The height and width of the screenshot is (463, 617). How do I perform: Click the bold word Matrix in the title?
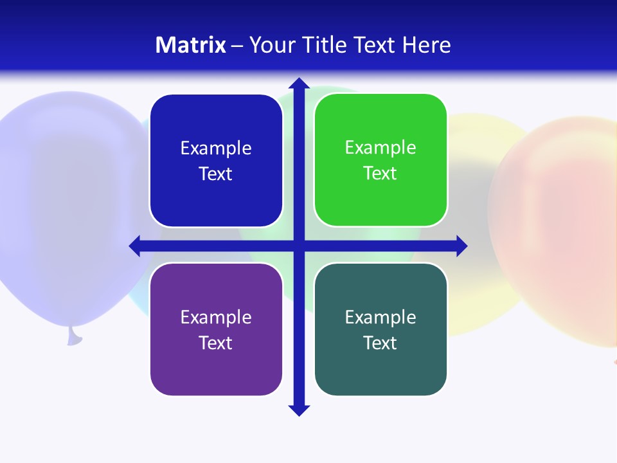click(190, 45)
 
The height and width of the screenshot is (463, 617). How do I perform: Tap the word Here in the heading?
click(426, 45)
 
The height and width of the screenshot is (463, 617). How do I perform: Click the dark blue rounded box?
click(216, 161)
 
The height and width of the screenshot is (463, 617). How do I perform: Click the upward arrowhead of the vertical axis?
click(299, 83)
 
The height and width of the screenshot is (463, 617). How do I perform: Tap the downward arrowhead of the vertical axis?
click(299, 410)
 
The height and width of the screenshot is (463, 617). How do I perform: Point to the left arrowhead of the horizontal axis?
click(135, 246)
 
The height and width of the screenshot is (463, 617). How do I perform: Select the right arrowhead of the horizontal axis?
click(461, 246)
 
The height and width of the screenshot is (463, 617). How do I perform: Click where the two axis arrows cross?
click(299, 246)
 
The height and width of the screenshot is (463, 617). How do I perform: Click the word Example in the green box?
click(380, 147)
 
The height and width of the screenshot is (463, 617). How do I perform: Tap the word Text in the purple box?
click(216, 343)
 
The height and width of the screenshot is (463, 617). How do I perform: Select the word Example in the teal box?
click(380, 317)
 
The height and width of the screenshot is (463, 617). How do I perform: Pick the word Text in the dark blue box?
click(216, 174)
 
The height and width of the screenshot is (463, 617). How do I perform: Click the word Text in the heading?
click(374, 45)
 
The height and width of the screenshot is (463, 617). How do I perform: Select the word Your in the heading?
click(271, 45)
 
